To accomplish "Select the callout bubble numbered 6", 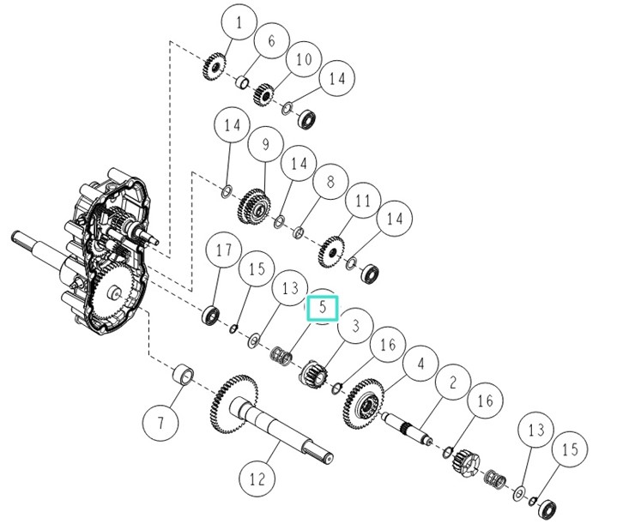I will (x=271, y=40).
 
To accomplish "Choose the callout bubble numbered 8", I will (x=324, y=182).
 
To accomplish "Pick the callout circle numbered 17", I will (x=224, y=251).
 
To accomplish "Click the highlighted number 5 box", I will (x=324, y=307).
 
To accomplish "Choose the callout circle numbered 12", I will (x=257, y=479).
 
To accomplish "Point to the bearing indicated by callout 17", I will (x=209, y=316).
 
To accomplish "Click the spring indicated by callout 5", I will (x=281, y=353).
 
